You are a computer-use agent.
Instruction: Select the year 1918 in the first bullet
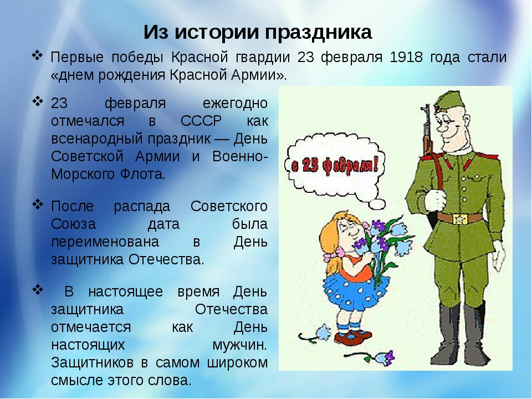click(x=406, y=57)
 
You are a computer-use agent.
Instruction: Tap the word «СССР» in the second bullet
click(x=201, y=121)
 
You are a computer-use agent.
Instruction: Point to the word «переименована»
click(x=105, y=242)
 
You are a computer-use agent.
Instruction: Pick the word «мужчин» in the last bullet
click(x=239, y=345)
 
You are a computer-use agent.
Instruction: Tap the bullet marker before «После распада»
click(x=38, y=204)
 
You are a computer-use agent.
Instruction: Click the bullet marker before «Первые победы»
click(x=37, y=55)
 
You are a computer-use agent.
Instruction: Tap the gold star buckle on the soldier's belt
click(x=460, y=219)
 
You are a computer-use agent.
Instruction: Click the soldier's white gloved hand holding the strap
click(x=434, y=201)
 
